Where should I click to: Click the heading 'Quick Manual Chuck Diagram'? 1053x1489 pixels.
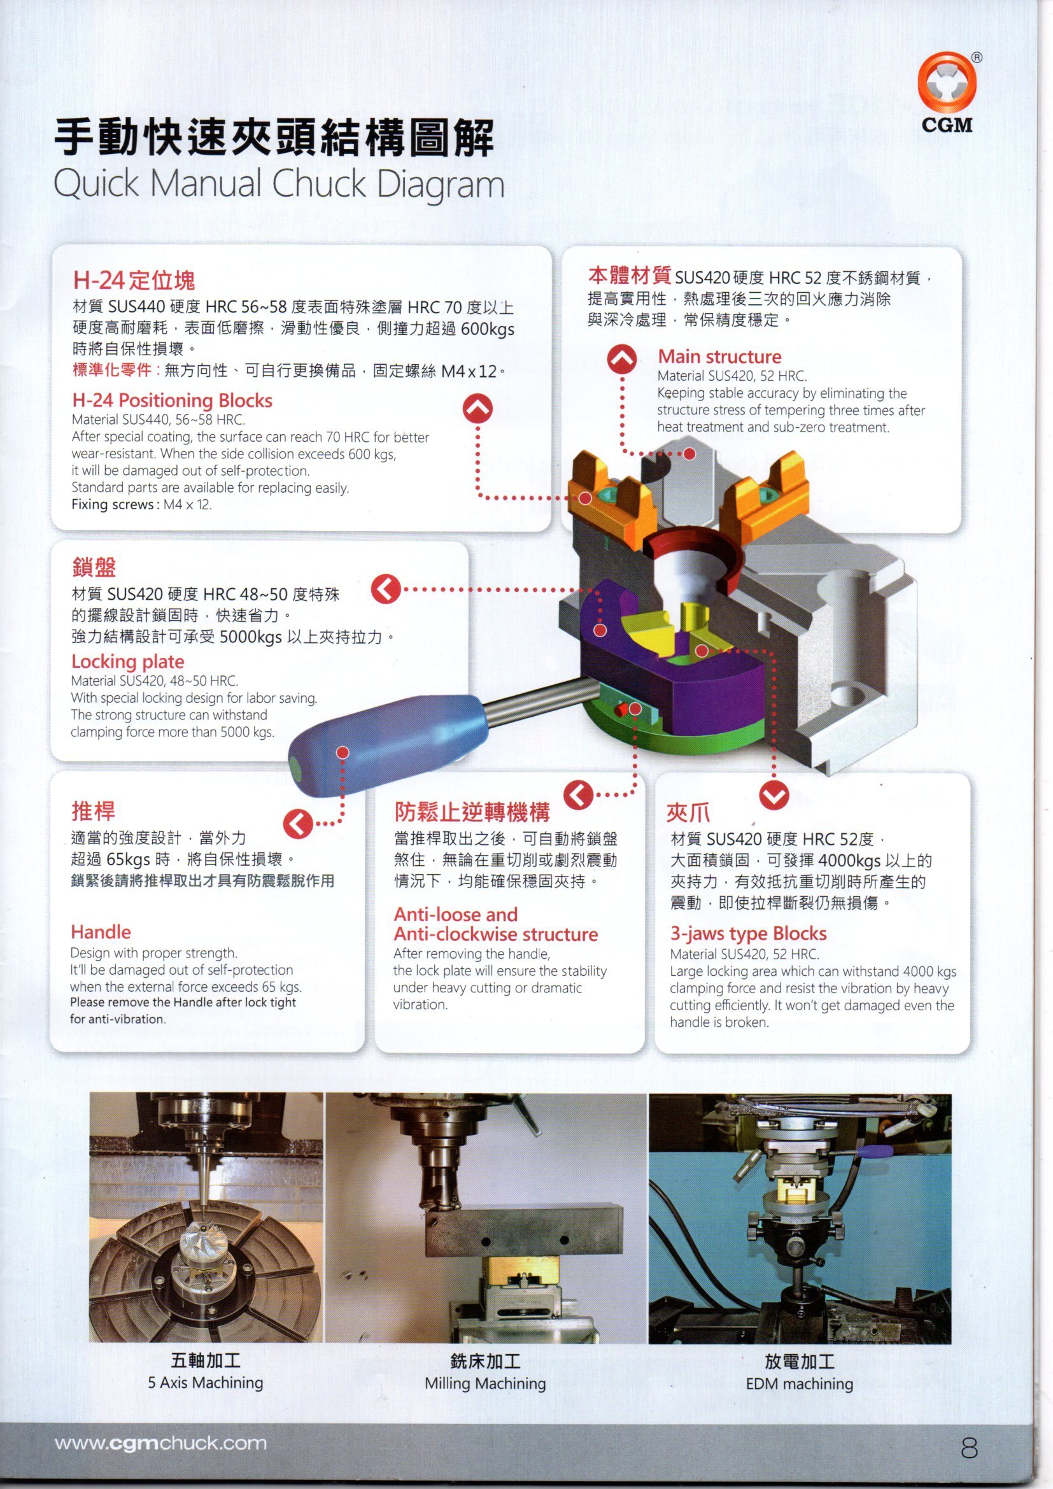click(279, 184)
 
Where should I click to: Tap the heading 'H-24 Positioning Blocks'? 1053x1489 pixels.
click(172, 400)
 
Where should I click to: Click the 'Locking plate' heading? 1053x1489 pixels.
click(128, 661)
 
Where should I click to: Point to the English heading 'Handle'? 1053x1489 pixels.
click(101, 932)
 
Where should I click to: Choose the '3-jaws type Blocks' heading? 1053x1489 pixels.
click(748, 933)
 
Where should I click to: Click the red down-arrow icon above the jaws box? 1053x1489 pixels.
click(774, 796)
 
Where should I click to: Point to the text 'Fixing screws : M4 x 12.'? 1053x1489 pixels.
click(141, 505)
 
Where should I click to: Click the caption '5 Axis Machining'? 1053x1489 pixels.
click(205, 1383)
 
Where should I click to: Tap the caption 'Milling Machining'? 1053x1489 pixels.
click(485, 1383)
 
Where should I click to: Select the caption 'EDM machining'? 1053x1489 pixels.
click(799, 1384)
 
